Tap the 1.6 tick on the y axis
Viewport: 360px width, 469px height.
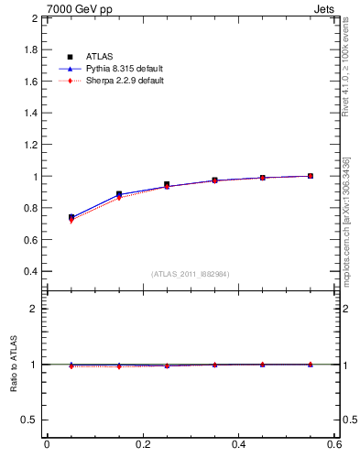click(x=30, y=82)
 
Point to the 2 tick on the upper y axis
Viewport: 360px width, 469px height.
click(x=35, y=18)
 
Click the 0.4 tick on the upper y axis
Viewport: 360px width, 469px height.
click(x=30, y=271)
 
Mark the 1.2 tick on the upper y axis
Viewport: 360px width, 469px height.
click(x=30, y=145)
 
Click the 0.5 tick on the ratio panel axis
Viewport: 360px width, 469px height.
click(x=30, y=420)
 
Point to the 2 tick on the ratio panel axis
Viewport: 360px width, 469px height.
click(x=35, y=309)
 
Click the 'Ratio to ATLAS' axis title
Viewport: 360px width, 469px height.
click(x=14, y=365)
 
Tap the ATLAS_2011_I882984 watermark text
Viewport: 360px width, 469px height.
click(x=191, y=274)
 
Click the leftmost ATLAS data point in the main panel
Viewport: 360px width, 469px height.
click(x=71, y=217)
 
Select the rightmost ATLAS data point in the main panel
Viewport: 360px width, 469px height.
click(x=311, y=176)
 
